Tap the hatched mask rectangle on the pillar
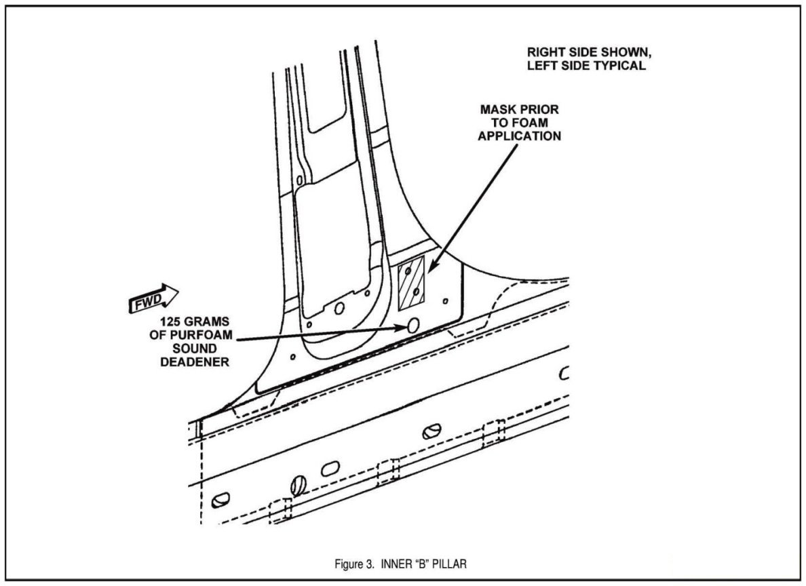[411, 279]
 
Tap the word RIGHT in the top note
[547, 52]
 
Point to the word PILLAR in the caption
[448, 564]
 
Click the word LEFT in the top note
[543, 66]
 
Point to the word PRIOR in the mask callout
[543, 109]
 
